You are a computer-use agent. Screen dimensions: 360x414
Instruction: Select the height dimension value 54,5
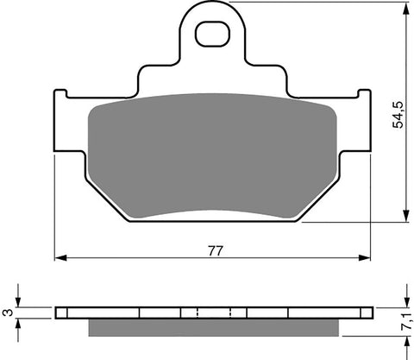398,112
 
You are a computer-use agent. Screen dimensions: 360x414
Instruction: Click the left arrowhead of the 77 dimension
60,257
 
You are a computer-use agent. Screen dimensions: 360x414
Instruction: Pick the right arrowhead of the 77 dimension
370,257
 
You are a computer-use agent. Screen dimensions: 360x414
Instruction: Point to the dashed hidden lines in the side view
197,312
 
